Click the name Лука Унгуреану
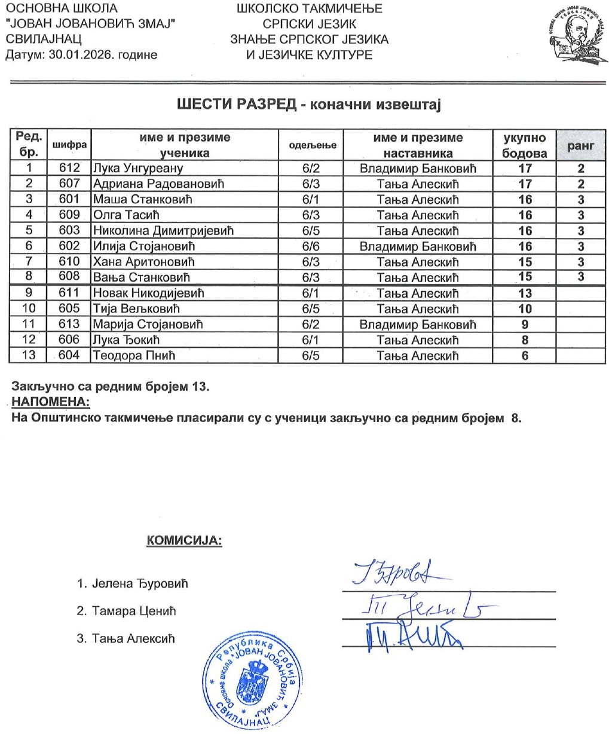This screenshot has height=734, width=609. tap(137, 169)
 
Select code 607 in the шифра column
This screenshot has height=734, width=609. tap(69, 184)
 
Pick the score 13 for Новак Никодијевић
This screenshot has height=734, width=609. tap(524, 293)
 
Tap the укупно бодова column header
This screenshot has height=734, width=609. tap(524, 145)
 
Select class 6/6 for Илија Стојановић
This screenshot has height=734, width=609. tap(311, 246)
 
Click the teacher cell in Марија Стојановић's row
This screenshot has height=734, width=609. tap(417, 325)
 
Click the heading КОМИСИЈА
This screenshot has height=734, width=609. tap(184, 542)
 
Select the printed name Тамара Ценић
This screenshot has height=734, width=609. tap(134, 611)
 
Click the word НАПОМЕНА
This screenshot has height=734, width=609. tap(51, 400)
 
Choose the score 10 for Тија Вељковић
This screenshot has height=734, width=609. tap(524, 309)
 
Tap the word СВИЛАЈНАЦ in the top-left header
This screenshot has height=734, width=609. tap(43, 39)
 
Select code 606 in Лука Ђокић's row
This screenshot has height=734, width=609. tap(69, 340)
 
